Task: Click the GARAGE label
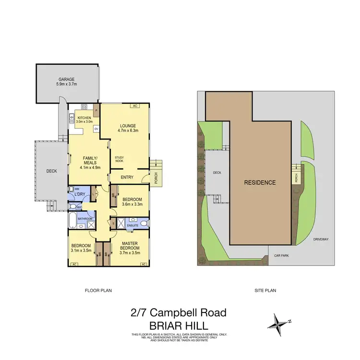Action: [67, 80]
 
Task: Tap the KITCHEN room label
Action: [84, 117]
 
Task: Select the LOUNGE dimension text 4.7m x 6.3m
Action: [128, 130]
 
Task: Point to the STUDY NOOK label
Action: [119, 159]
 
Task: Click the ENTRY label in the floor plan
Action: [127, 178]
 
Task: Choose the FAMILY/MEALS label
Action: [91, 158]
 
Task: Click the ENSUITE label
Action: [133, 225]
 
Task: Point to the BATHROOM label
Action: [85, 219]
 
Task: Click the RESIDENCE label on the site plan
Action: [260, 182]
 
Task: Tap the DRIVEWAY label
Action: [321, 239]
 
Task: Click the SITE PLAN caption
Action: [264, 290]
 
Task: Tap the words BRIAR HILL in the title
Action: [178, 325]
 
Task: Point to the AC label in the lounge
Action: [135, 106]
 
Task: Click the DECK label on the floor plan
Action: [51, 170]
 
